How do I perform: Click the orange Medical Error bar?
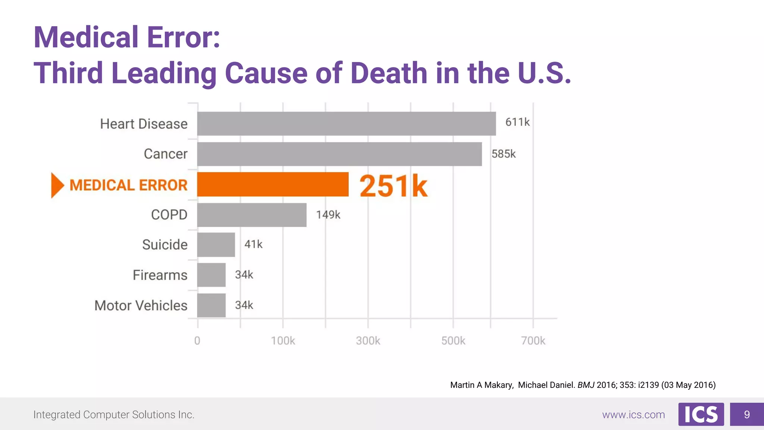tap(273, 184)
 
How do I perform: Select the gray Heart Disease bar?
tap(346, 124)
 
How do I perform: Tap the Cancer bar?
tap(339, 154)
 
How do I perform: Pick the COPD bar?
tap(252, 215)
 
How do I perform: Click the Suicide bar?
tap(216, 245)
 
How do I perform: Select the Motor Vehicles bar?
tap(211, 305)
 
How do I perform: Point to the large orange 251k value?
tap(393, 186)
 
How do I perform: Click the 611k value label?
tap(517, 122)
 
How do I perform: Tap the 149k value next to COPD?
tap(328, 215)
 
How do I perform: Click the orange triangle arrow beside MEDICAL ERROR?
tap(57, 185)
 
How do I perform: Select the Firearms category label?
tap(160, 275)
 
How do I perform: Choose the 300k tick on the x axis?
tap(368, 340)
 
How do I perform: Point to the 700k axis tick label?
tap(533, 340)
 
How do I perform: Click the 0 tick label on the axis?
tap(197, 340)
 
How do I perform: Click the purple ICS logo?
tap(701, 414)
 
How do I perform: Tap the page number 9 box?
tap(746, 414)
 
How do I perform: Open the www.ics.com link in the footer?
tap(633, 415)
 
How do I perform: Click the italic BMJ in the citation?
tap(586, 385)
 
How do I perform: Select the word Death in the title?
tap(389, 73)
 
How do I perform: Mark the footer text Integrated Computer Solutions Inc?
tap(114, 415)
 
